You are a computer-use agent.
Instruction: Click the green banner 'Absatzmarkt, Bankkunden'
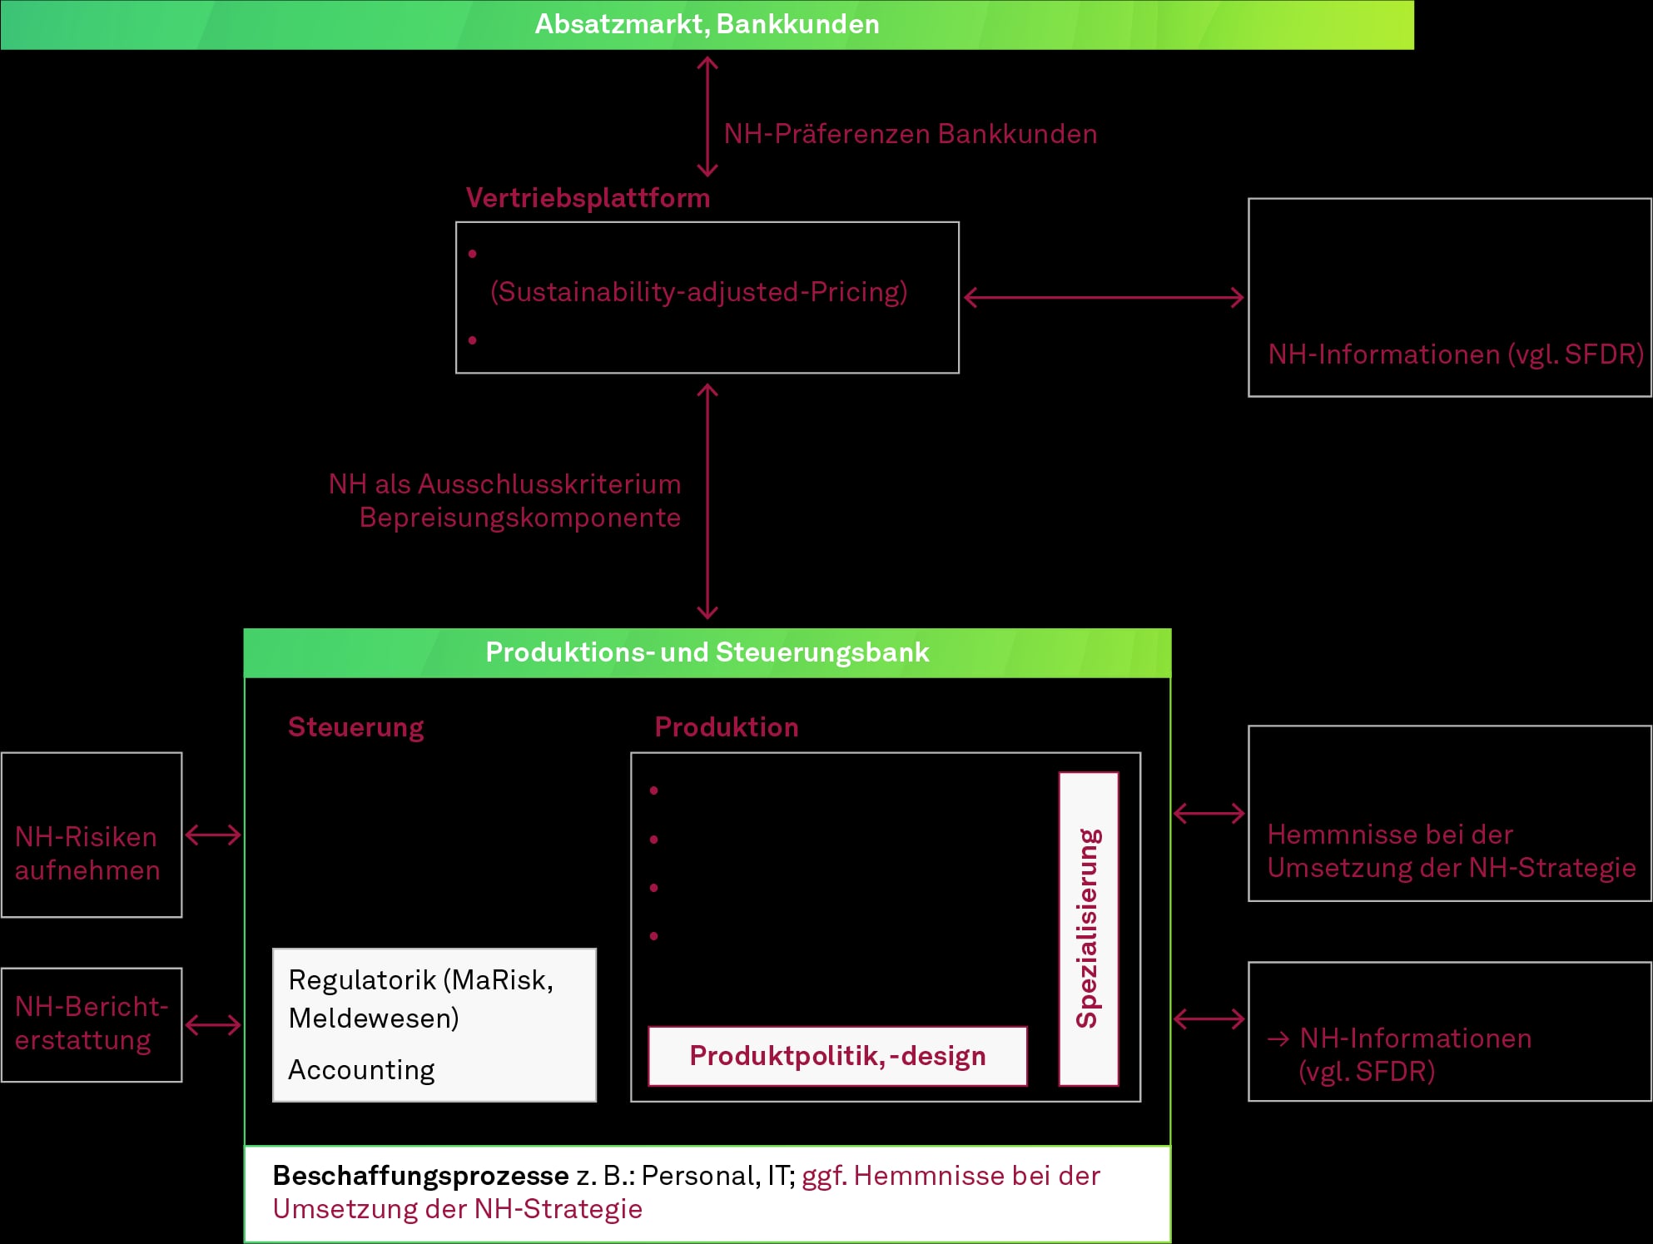tap(707, 24)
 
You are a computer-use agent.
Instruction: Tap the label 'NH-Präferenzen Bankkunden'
tap(911, 134)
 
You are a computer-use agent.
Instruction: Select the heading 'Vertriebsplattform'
tap(588, 198)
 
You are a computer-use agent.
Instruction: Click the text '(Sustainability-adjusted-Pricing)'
tap(699, 292)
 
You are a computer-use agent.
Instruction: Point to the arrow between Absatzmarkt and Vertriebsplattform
tap(707, 116)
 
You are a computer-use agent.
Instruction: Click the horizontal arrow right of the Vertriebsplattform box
tap(1104, 297)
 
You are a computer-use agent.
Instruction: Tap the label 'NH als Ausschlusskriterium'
tap(505, 483)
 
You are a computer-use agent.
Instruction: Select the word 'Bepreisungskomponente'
tap(520, 518)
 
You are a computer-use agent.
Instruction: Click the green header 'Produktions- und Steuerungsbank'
tap(707, 653)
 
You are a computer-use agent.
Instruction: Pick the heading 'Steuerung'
tap(356, 727)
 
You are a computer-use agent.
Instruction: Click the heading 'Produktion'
tap(727, 727)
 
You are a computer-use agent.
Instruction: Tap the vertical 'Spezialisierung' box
tap(1089, 929)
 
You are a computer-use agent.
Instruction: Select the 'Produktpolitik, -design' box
tap(837, 1056)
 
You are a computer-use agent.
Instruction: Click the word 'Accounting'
tap(361, 1070)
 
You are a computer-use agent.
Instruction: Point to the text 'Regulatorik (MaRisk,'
tap(420, 980)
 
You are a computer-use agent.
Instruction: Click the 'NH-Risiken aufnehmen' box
tap(92, 835)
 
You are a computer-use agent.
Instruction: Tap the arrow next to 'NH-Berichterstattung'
tap(213, 1025)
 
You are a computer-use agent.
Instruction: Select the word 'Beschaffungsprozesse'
tap(420, 1176)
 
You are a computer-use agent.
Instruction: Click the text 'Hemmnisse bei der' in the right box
tap(1389, 834)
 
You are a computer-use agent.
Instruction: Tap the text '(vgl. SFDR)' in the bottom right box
tap(1367, 1071)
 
